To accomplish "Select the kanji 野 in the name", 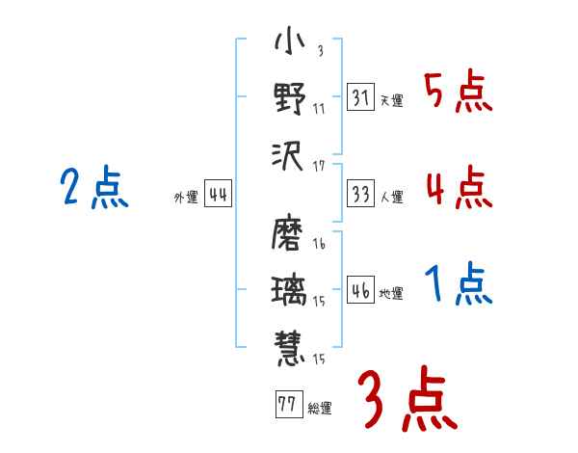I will click(x=289, y=98).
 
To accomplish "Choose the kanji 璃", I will click(x=289, y=289).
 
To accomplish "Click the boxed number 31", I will click(x=360, y=97).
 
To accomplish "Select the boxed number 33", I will click(x=360, y=194).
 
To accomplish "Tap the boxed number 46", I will click(x=360, y=290).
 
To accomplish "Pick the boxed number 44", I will click(x=218, y=196).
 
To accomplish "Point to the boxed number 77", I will click(x=287, y=404).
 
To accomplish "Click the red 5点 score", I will click(x=459, y=93).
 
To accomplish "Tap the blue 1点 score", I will click(x=459, y=284).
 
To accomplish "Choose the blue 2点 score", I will click(x=93, y=187).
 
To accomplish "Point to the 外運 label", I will click(x=187, y=198).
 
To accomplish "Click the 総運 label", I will click(x=320, y=408).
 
